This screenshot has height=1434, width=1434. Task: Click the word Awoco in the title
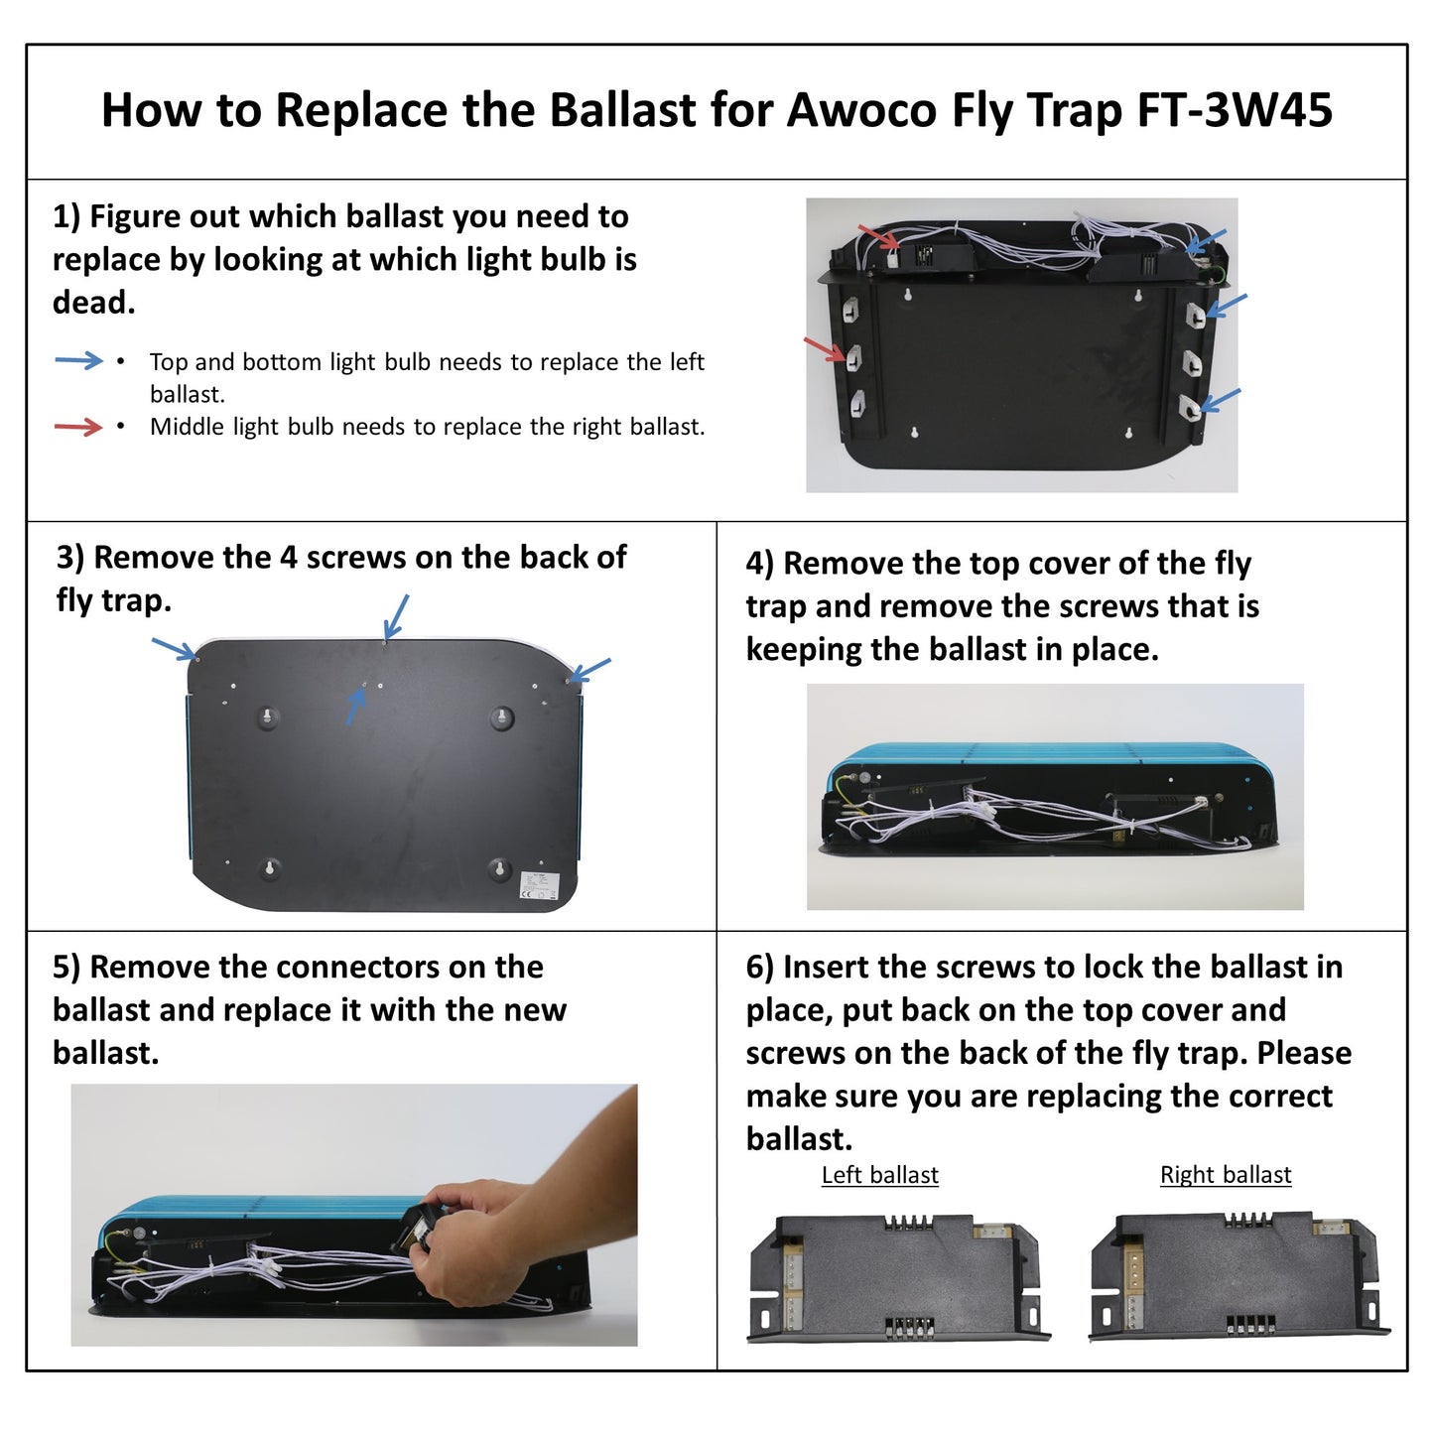(860, 110)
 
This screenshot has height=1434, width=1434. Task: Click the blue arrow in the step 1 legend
(78, 360)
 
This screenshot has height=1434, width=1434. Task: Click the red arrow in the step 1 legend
(78, 427)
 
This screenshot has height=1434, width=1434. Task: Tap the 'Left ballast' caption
(879, 1175)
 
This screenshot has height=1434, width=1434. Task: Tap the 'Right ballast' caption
(1226, 1175)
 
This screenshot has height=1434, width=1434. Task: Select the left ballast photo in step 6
(897, 1277)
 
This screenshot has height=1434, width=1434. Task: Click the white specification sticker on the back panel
(540, 886)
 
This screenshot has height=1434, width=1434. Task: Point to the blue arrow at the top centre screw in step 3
(396, 615)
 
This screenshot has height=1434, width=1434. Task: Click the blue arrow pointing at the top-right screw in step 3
(590, 670)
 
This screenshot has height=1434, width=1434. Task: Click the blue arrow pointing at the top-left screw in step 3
(174, 649)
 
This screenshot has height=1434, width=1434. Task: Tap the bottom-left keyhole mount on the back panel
(269, 868)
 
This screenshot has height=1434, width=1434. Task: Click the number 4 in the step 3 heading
(288, 558)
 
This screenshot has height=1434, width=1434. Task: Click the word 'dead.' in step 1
(94, 303)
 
